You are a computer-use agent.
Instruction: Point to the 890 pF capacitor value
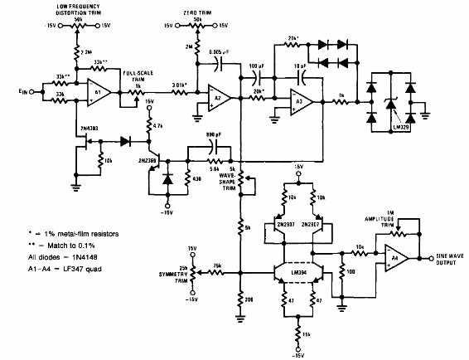(212, 132)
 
